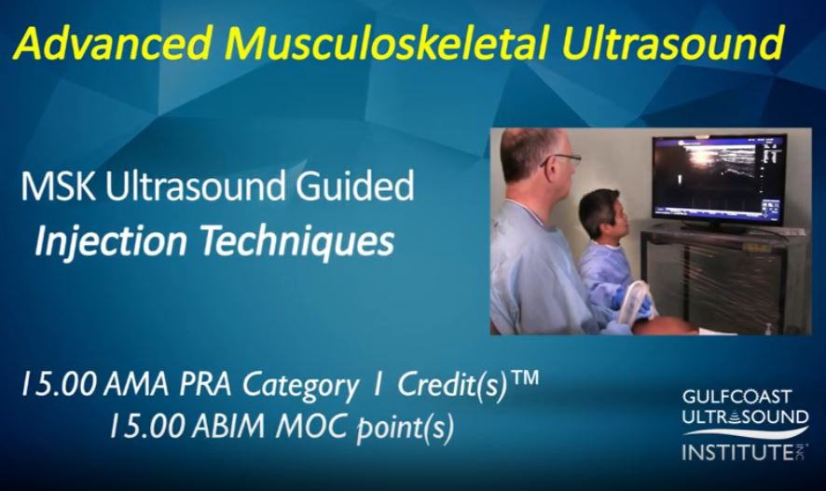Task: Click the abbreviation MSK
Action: pyautogui.click(x=58, y=187)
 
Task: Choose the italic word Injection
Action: pyautogui.click(x=111, y=241)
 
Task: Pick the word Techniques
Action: pyautogui.click(x=297, y=241)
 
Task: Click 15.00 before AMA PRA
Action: pyautogui.click(x=59, y=385)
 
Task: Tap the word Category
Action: pyautogui.click(x=300, y=387)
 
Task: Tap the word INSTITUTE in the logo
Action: pyautogui.click(x=738, y=452)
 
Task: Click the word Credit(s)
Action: pyautogui.click(x=452, y=386)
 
